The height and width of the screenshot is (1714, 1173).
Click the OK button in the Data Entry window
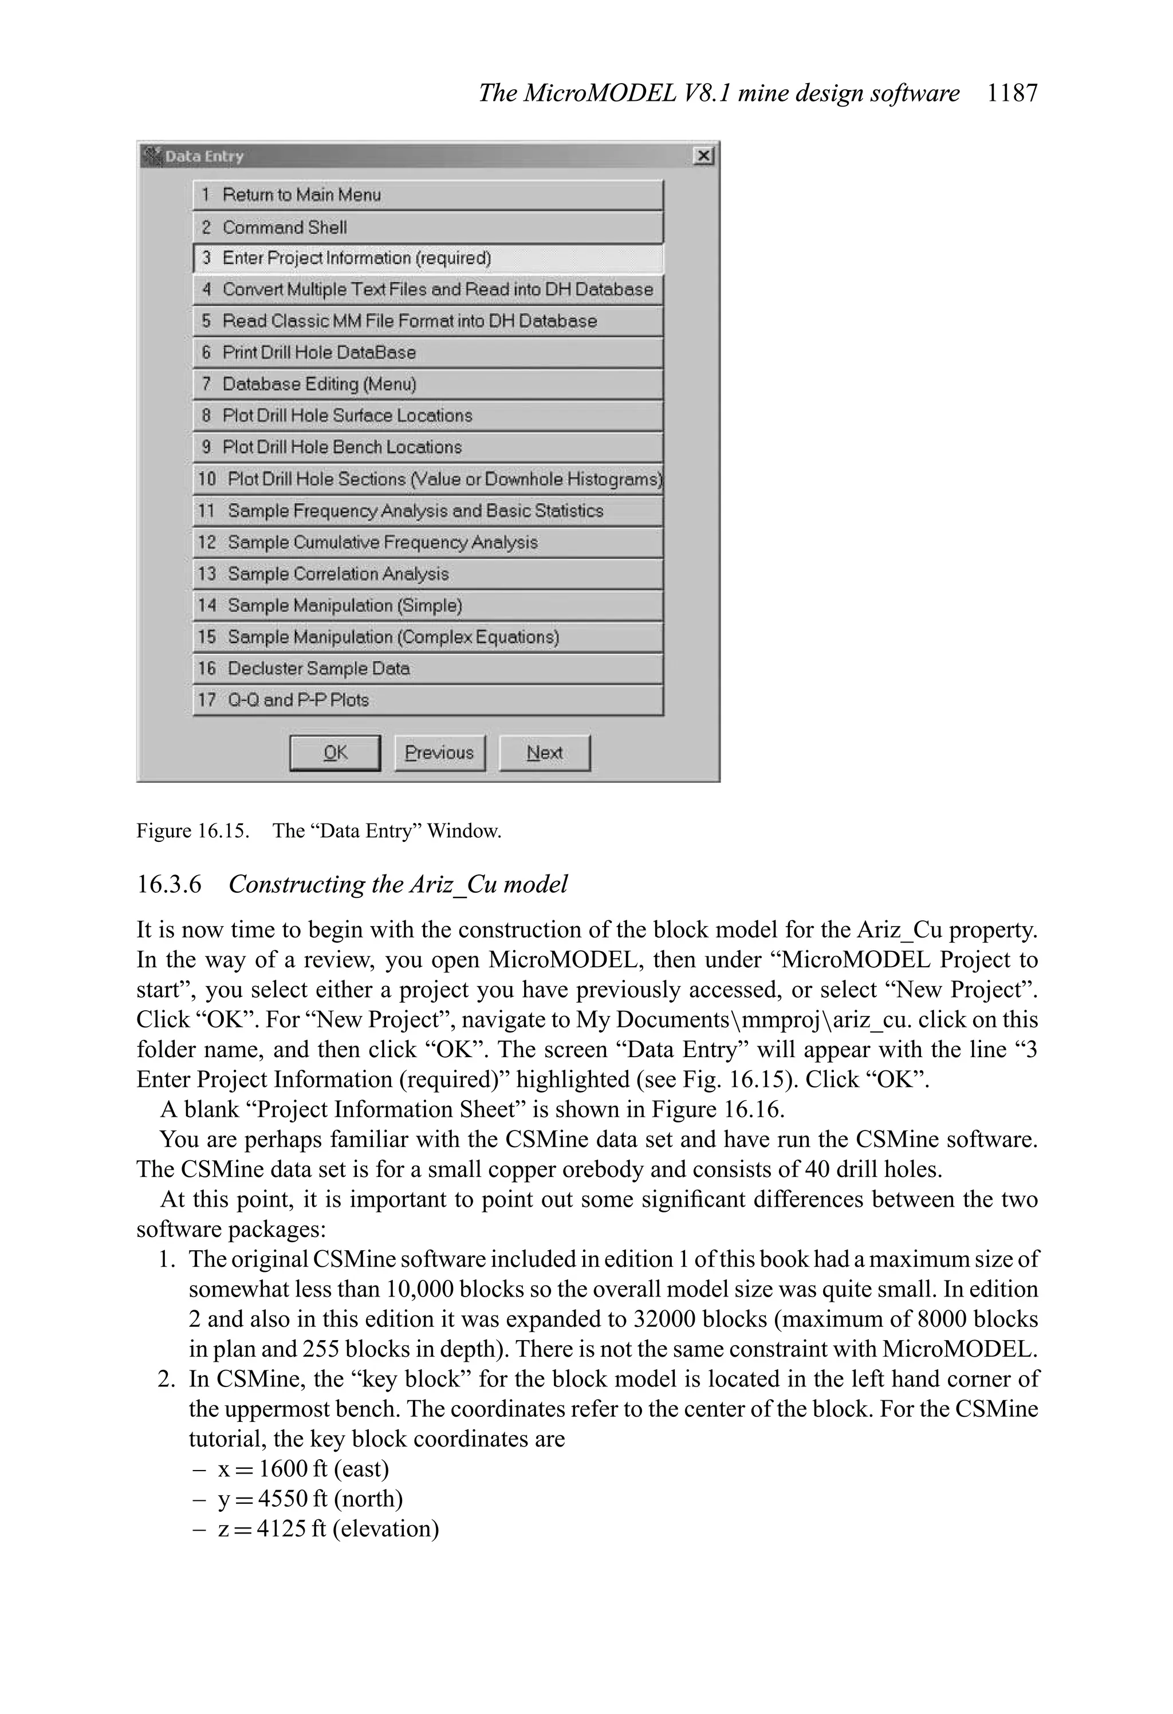pyautogui.click(x=335, y=752)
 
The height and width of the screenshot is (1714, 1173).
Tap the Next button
pyautogui.click(x=545, y=752)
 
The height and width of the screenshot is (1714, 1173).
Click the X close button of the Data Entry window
pyautogui.click(x=704, y=156)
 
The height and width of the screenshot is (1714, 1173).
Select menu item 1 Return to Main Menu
pyautogui.click(x=428, y=195)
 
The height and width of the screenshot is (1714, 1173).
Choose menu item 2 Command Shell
pyautogui.click(x=428, y=227)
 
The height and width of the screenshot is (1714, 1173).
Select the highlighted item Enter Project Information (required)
pyautogui.click(x=428, y=258)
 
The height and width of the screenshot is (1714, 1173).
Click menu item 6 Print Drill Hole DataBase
pyautogui.click(x=428, y=353)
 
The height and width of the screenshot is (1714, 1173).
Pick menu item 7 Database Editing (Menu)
pyautogui.click(x=428, y=384)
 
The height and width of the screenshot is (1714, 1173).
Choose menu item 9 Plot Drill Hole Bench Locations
pyautogui.click(x=428, y=447)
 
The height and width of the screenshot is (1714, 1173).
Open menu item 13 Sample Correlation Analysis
pyautogui.click(x=428, y=574)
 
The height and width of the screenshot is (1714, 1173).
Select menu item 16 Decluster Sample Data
pyautogui.click(x=428, y=668)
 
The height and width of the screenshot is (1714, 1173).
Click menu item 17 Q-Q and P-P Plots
pyautogui.click(x=428, y=700)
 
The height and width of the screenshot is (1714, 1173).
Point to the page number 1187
pyautogui.click(x=1012, y=93)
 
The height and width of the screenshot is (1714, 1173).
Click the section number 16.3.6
pyautogui.click(x=169, y=884)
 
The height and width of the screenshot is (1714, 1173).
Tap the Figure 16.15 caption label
pyautogui.click(x=192, y=831)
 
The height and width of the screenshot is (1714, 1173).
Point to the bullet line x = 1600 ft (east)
pyautogui.click(x=303, y=1468)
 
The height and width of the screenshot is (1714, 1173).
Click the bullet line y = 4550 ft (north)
pyautogui.click(x=310, y=1499)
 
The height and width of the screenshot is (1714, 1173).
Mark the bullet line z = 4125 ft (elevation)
pyautogui.click(x=328, y=1528)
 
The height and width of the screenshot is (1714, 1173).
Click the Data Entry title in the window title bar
pyautogui.click(x=204, y=156)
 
